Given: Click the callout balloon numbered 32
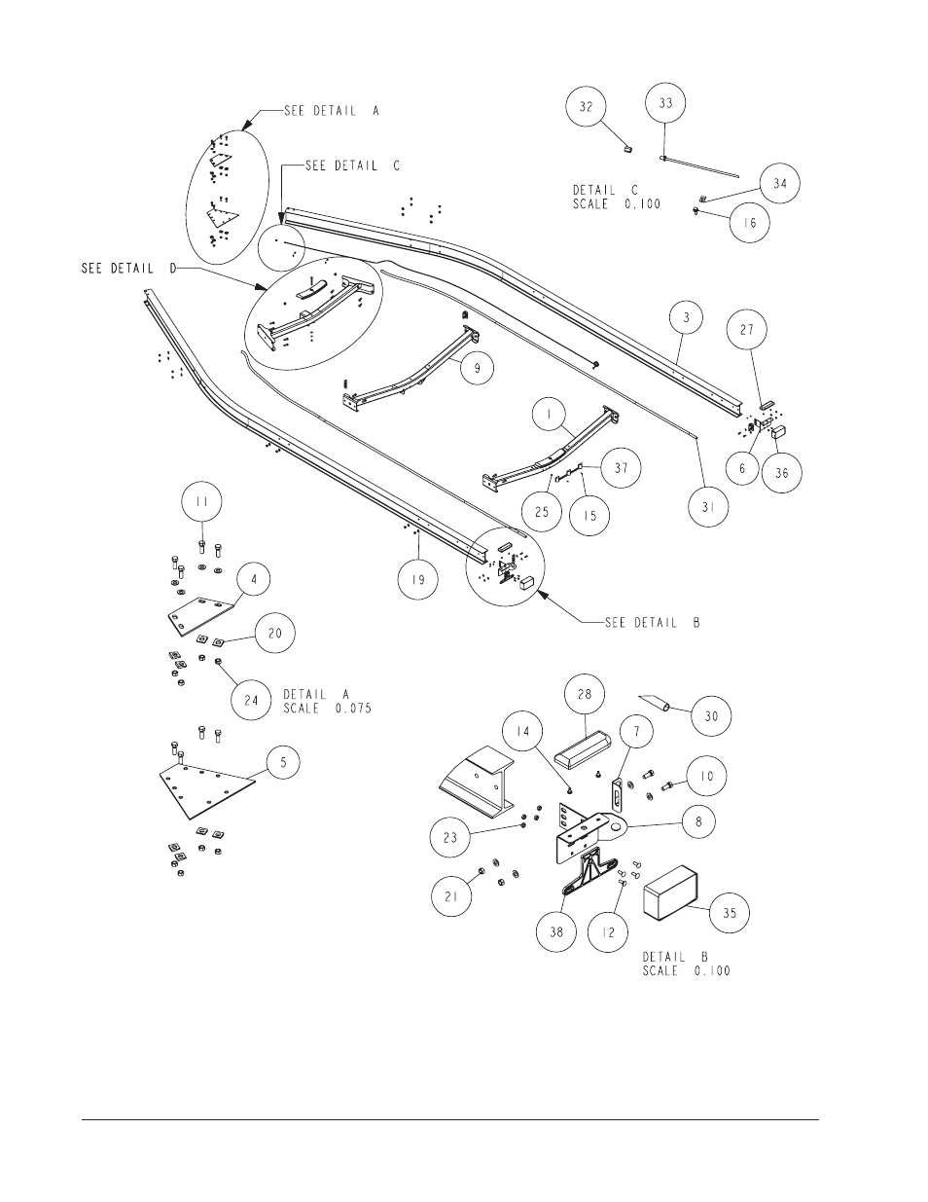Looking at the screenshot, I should (587, 106).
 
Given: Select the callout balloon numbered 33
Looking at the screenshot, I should (665, 103).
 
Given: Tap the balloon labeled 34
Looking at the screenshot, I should (779, 182).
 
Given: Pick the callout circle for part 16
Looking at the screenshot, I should (749, 222).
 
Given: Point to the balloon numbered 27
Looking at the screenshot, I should (746, 331).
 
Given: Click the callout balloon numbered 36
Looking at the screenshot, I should (782, 473).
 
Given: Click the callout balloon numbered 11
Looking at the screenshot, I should (202, 503).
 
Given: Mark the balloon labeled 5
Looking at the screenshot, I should (283, 762).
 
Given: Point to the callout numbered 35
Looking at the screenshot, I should (730, 914).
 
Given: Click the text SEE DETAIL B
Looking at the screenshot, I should (628, 622).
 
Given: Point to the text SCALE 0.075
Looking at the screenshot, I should (328, 709).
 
